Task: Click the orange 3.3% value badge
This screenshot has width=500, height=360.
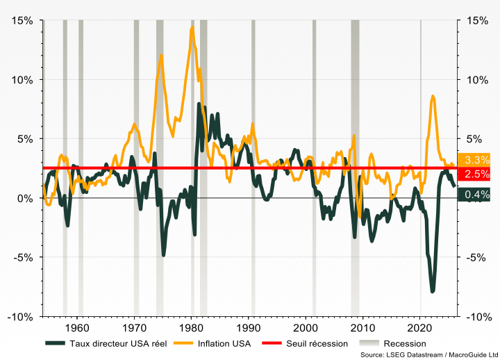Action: pos(478,160)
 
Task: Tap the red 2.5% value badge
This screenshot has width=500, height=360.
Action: pos(478,174)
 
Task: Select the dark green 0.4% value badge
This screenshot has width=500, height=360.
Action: pos(478,194)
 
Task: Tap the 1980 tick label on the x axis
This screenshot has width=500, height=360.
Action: pos(191,327)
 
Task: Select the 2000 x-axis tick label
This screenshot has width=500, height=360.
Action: pos(306,327)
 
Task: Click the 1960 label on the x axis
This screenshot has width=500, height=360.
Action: pos(76,327)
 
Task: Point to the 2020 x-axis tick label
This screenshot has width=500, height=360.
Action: pos(420,327)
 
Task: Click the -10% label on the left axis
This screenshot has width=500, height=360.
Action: pos(19,317)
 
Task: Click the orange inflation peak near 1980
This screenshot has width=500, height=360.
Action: pos(192,28)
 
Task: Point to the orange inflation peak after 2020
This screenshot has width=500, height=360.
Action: pos(433,97)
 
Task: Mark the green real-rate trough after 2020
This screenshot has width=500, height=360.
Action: pos(433,291)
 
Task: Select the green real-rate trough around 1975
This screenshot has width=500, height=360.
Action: pos(164,254)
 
